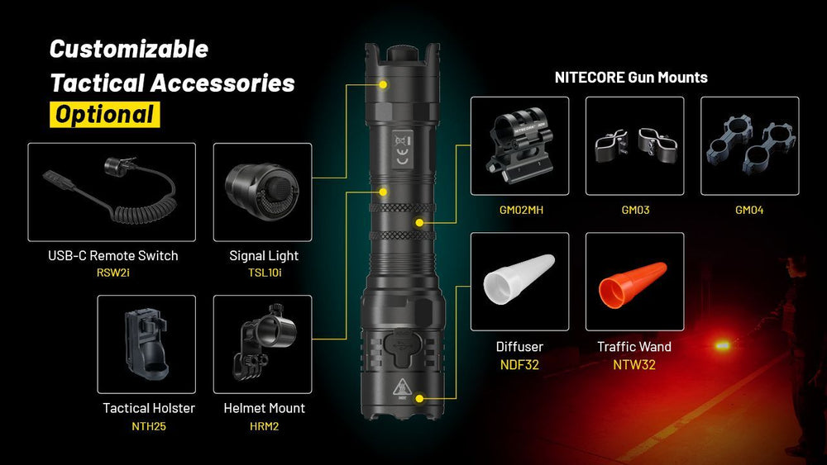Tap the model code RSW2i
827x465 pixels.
pyautogui.click(x=112, y=272)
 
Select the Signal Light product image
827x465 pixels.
pyautogui.click(x=262, y=192)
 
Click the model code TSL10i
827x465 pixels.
pyautogui.click(x=263, y=272)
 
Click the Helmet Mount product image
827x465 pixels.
pyautogui.click(x=262, y=344)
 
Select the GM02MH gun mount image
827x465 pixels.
pyautogui.click(x=519, y=145)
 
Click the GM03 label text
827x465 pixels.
pyautogui.click(x=635, y=210)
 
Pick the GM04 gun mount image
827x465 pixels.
pyautogui.click(x=749, y=145)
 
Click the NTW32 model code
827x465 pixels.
pyautogui.click(x=634, y=364)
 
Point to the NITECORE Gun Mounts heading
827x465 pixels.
pyautogui.click(x=631, y=78)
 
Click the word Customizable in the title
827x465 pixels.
pyautogui.click(x=129, y=49)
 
